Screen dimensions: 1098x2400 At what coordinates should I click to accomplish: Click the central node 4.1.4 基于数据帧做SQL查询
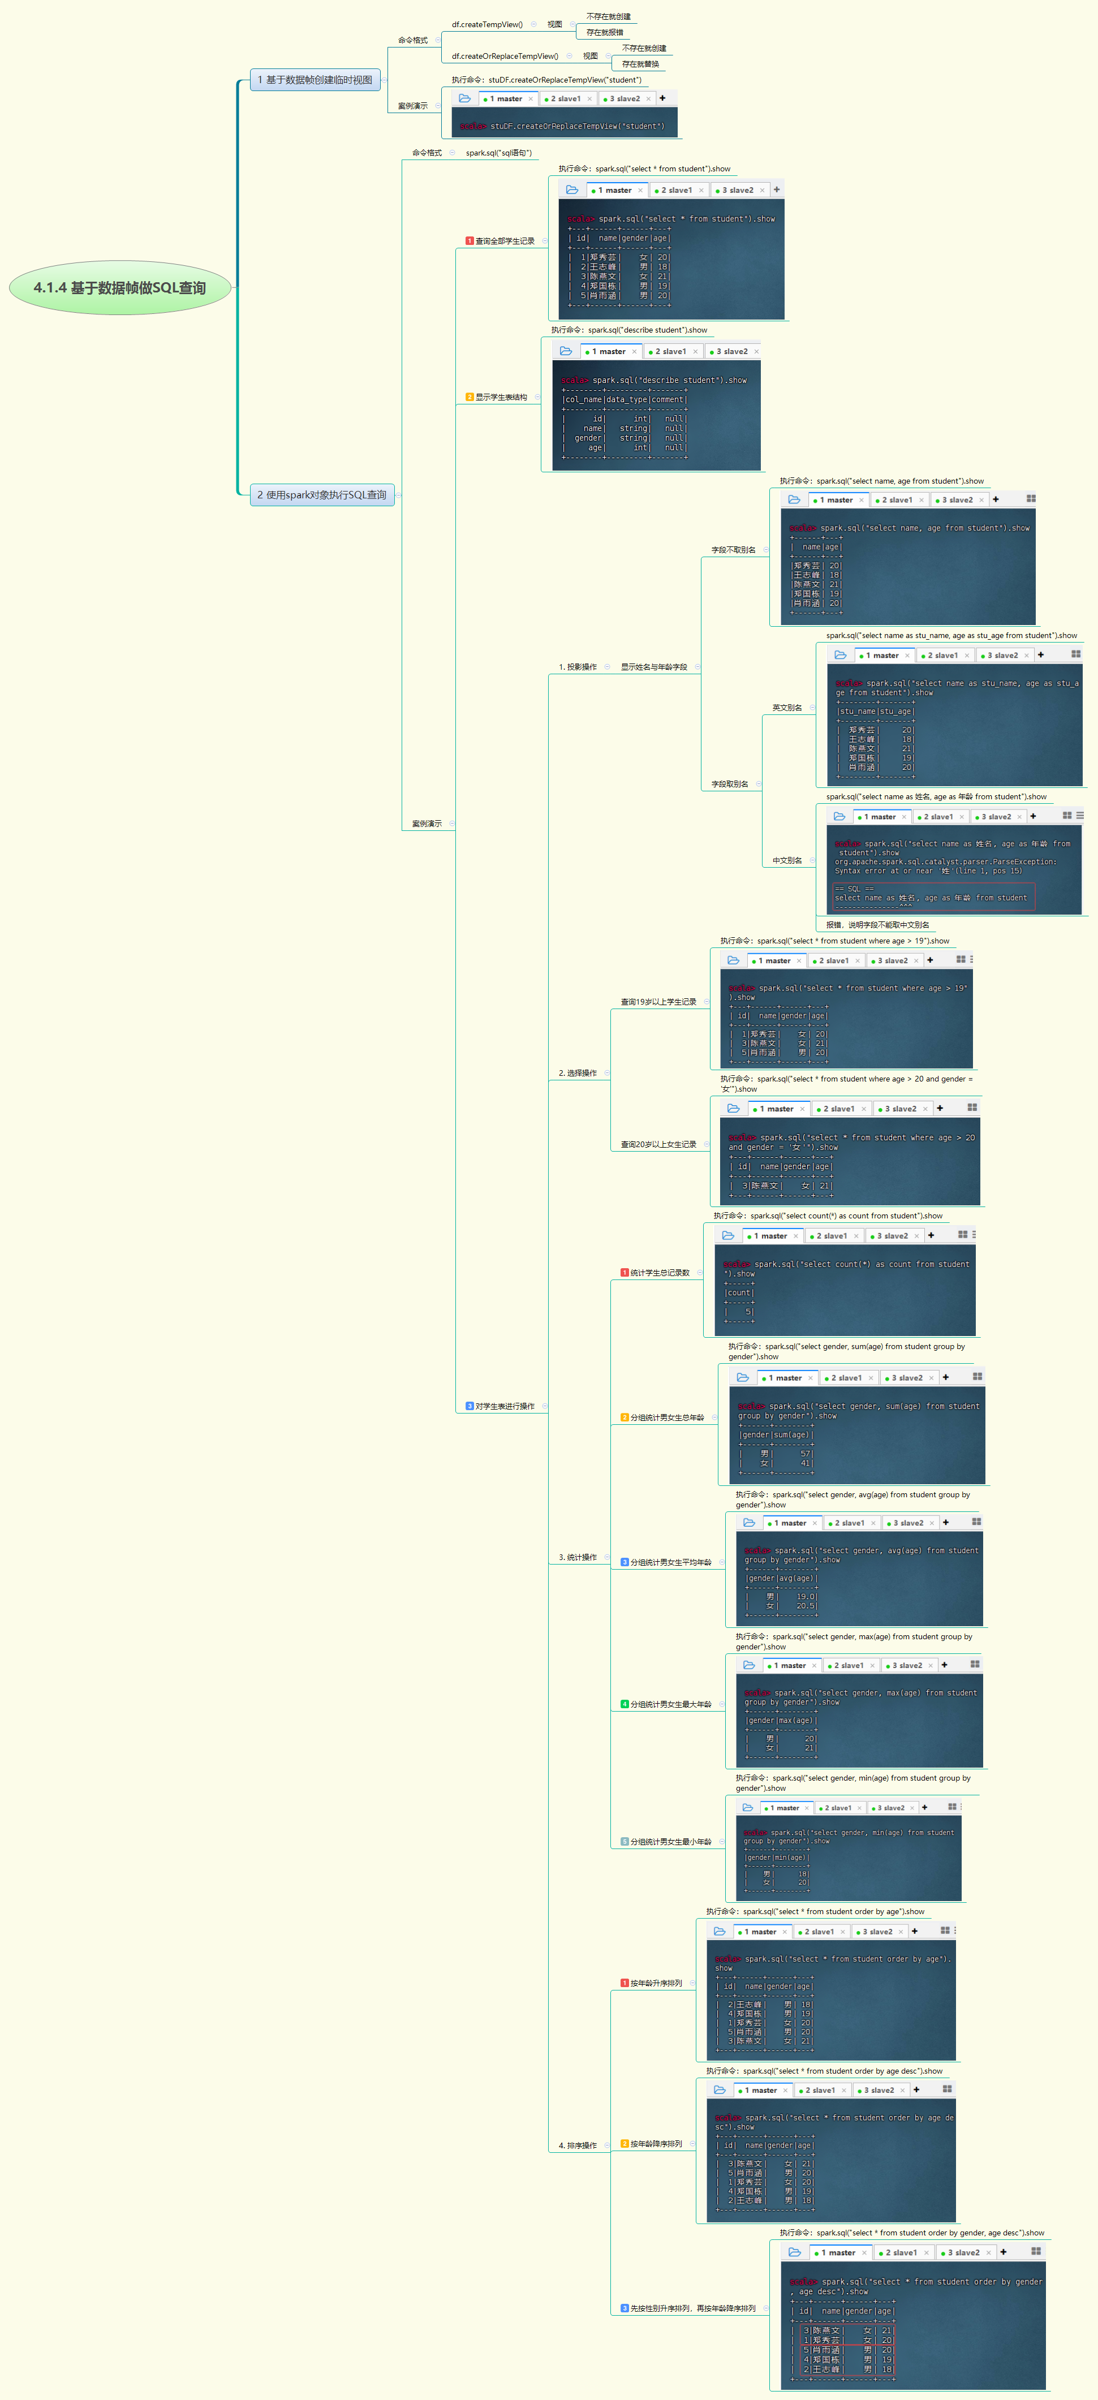point(119,288)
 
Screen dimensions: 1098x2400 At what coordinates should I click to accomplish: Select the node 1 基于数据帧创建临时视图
point(315,80)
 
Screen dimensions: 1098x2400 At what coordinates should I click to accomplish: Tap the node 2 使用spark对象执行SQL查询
point(321,495)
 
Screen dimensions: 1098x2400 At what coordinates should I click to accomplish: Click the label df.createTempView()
point(486,24)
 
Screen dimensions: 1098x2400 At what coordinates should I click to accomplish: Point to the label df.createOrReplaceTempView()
point(504,56)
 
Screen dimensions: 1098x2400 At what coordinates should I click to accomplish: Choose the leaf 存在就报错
point(604,33)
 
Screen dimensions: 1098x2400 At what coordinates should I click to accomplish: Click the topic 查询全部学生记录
point(504,242)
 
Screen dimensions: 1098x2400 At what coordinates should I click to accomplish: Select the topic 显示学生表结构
point(501,397)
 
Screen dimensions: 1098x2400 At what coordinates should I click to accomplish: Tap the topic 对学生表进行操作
point(504,1406)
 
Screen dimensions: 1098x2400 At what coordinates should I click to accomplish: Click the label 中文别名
point(787,860)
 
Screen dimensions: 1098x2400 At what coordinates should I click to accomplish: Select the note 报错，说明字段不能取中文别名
point(876,925)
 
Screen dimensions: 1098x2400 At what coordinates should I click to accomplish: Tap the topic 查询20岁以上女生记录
point(658,1144)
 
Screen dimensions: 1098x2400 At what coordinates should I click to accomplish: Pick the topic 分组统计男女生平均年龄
point(670,1562)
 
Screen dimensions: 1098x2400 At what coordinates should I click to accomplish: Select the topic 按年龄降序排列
point(656,2144)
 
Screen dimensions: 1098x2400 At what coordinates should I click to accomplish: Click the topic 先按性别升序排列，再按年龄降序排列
point(692,2309)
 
